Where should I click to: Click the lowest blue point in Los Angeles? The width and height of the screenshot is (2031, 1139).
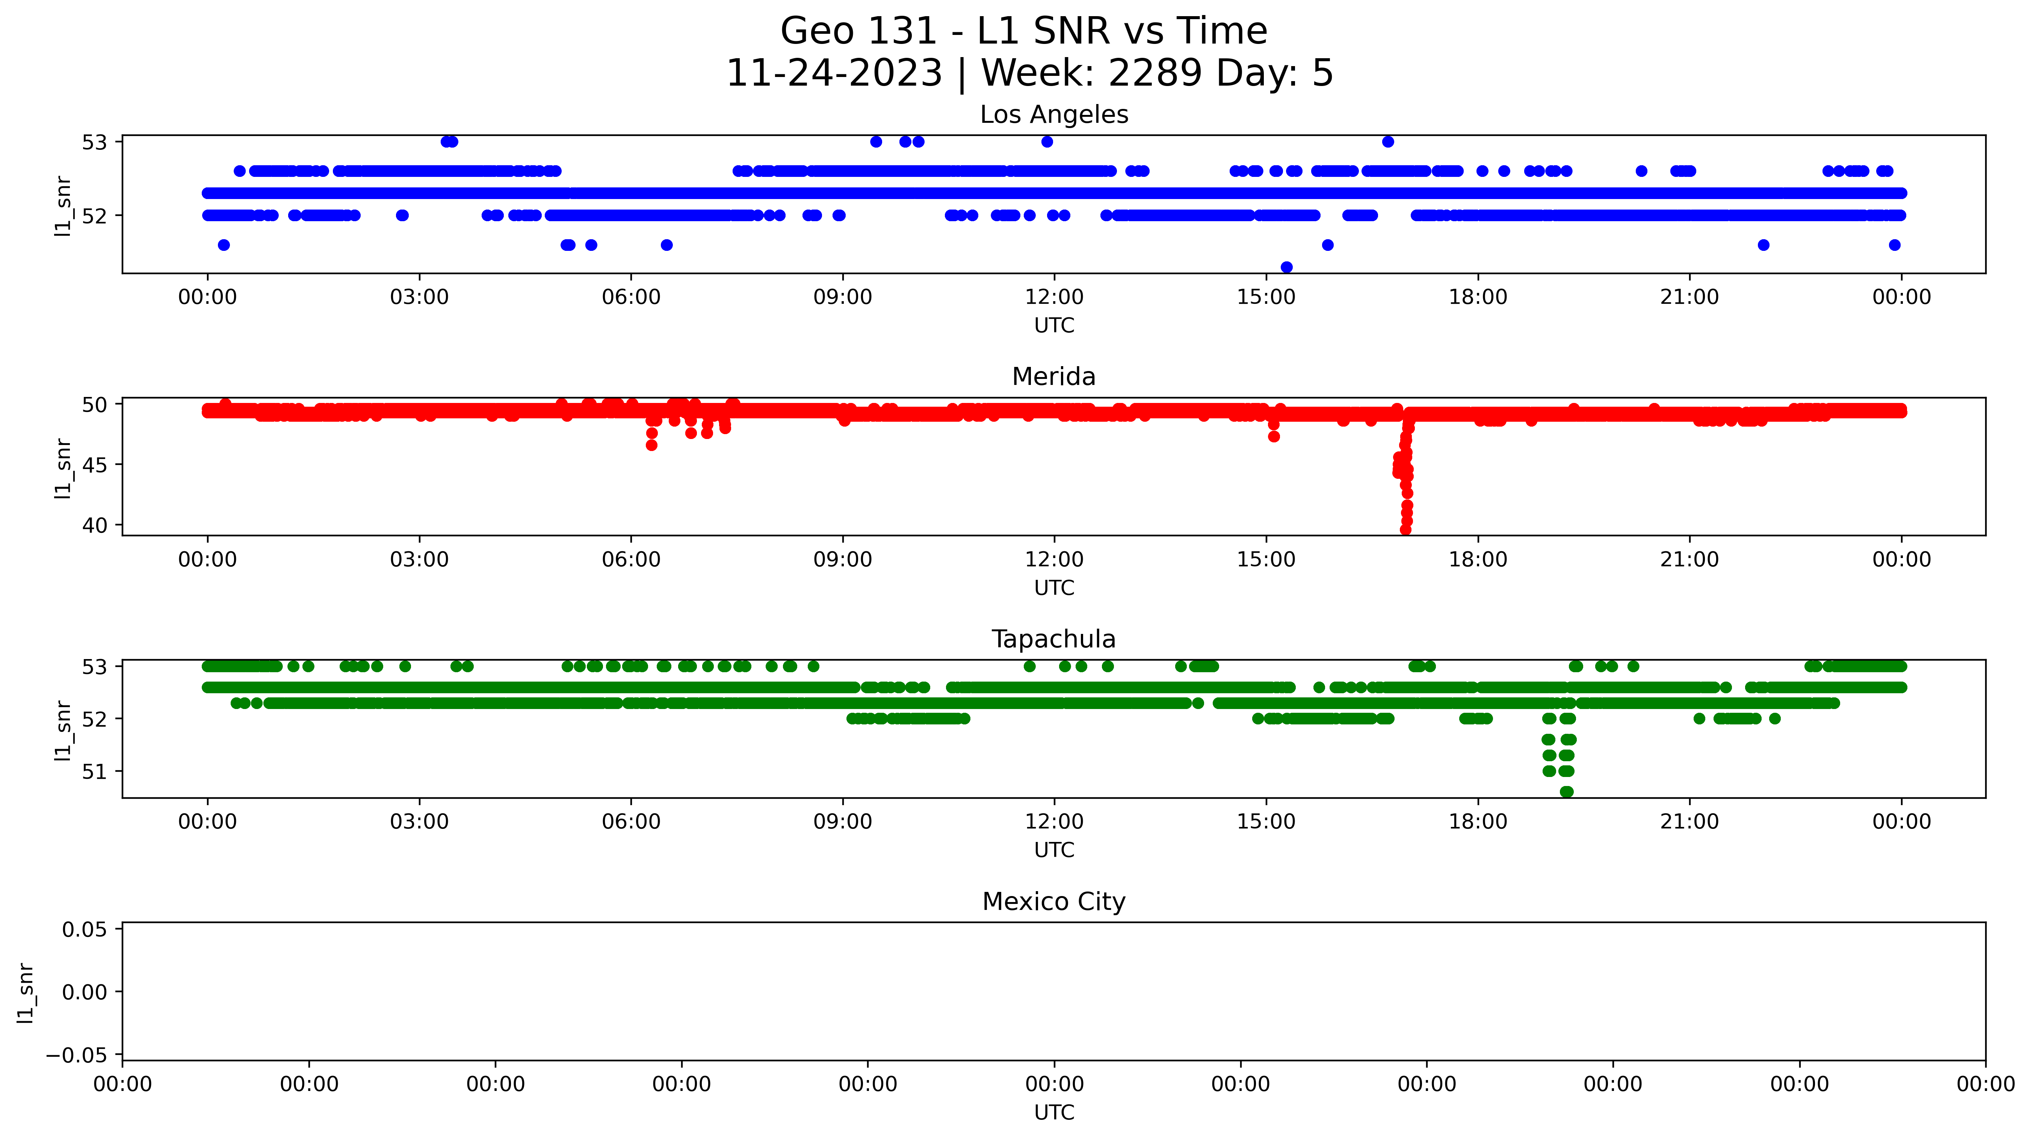tap(1287, 267)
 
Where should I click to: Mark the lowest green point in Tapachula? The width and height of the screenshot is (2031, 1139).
tap(1567, 791)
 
